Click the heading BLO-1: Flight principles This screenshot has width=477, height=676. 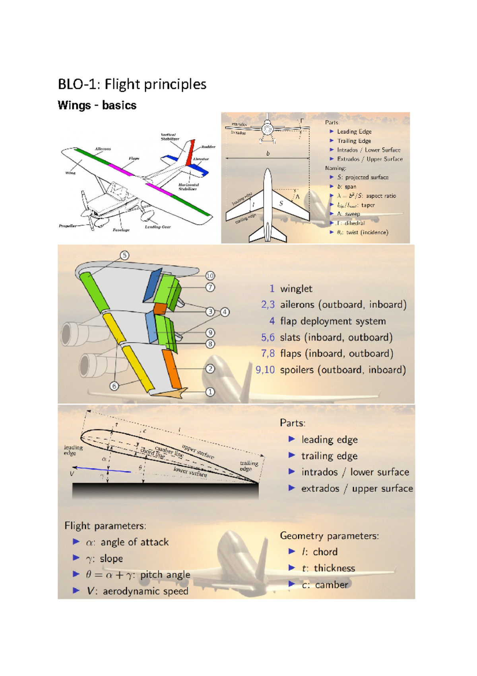pos(132,84)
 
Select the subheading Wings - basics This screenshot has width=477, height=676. pos(97,106)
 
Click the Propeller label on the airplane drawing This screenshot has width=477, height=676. pos(68,226)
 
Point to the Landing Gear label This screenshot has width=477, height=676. pos(157,227)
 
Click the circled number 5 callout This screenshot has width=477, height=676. pos(124,255)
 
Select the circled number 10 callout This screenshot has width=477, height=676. pos(210,275)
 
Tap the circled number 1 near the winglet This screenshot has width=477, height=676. pos(210,392)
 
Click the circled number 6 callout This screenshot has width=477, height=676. pos(114,386)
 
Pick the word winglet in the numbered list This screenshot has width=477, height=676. pos(296,289)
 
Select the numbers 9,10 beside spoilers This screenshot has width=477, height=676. pos(265,370)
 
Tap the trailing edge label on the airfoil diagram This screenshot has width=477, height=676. pos(249,466)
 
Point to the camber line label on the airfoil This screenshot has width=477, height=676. pos(169,451)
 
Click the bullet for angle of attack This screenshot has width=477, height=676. pos(76,542)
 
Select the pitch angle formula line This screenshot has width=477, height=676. pos(138,575)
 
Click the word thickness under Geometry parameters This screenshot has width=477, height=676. pos(334,568)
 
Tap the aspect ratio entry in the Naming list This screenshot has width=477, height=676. pos(366,196)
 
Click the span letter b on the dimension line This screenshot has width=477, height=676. pos(268,153)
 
